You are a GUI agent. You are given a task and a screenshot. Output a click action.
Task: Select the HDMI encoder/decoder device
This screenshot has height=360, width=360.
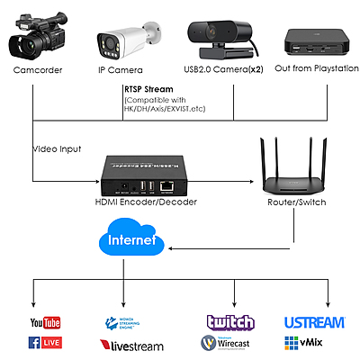pyautogui.click(x=145, y=175)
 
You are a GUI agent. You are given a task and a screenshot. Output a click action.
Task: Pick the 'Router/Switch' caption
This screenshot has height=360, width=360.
pyautogui.click(x=295, y=202)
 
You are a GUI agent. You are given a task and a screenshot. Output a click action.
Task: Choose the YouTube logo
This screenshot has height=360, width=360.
pyautogui.click(x=45, y=322)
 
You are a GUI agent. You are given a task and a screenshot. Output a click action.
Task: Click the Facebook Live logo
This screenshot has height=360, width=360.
pyautogui.click(x=45, y=343)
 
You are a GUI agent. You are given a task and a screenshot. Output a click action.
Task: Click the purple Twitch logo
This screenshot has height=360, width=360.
pyautogui.click(x=230, y=322)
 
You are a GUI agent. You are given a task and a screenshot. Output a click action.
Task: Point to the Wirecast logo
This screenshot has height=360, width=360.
pyautogui.click(x=230, y=343)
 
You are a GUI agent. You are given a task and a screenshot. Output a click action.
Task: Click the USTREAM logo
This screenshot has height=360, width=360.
pyautogui.click(x=315, y=322)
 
